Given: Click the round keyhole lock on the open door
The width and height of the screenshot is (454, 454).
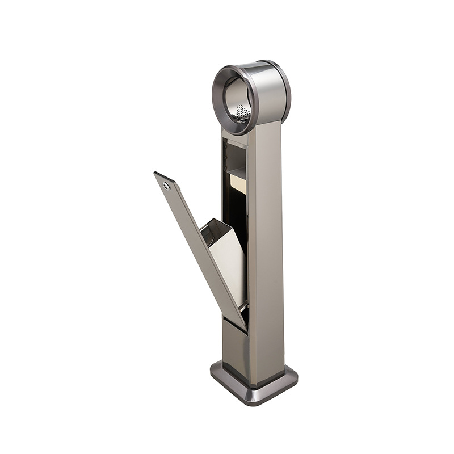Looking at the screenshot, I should (166, 186).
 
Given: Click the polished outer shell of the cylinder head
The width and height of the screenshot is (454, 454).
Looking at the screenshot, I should (264, 94).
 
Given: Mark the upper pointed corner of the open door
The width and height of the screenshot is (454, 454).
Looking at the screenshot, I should (156, 174).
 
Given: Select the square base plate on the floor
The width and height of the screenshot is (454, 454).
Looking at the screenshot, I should (255, 383).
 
